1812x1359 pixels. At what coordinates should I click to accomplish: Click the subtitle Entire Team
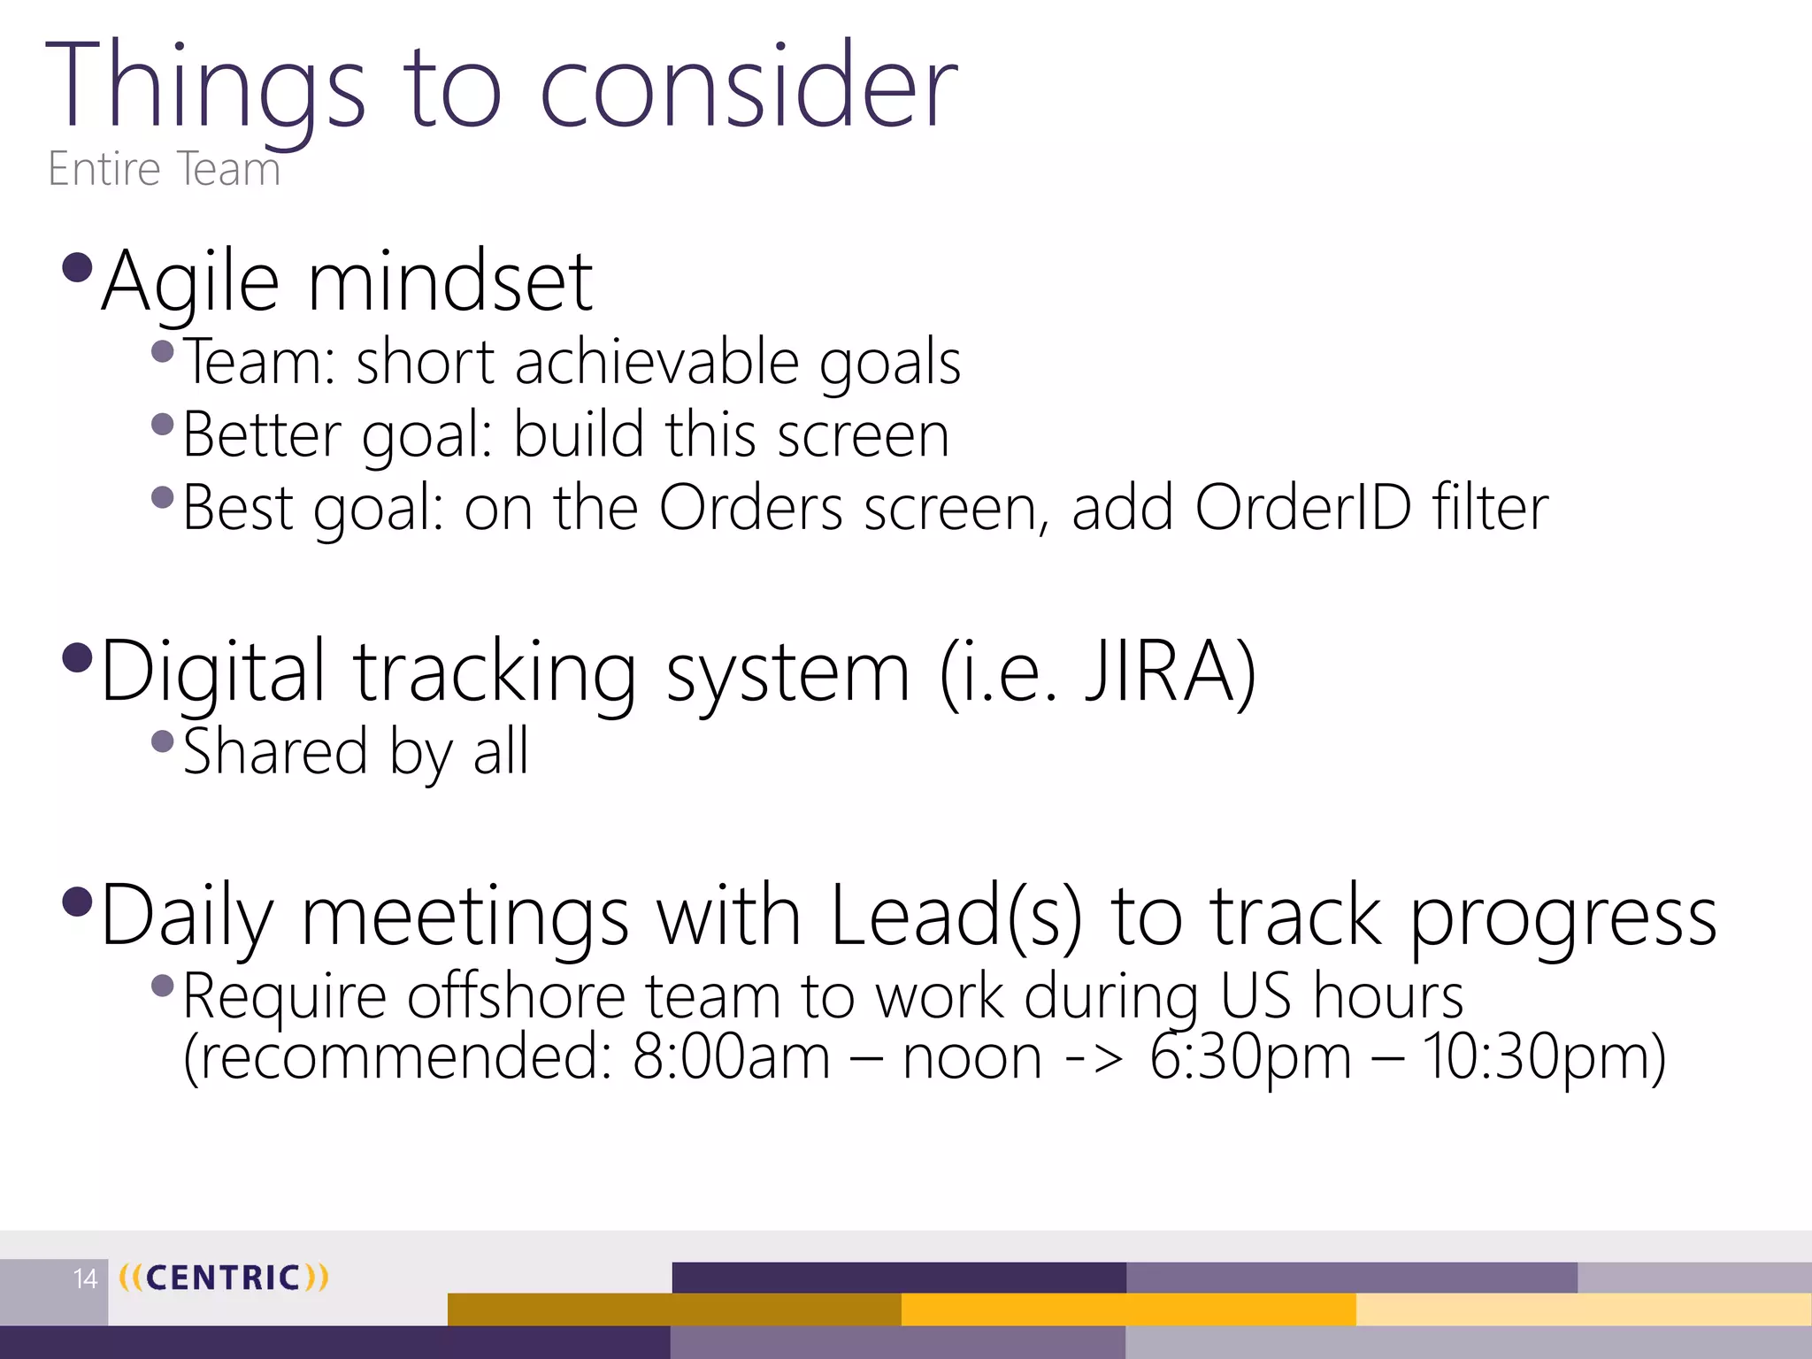coord(164,169)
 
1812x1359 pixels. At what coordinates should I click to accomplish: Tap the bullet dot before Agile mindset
coord(79,266)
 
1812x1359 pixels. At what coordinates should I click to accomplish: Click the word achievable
coord(656,362)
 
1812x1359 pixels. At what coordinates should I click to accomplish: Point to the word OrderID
coord(1302,508)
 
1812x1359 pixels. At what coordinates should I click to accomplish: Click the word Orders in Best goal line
coord(750,508)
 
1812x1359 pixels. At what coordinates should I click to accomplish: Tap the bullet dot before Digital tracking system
coord(79,657)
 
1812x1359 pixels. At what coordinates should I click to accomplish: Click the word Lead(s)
coord(956,917)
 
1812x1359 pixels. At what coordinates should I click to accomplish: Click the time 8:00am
coord(731,1057)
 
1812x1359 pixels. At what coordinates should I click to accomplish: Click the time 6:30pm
coord(1249,1057)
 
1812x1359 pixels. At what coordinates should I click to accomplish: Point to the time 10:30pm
coord(1543,1057)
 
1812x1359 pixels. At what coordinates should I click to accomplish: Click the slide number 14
coord(85,1278)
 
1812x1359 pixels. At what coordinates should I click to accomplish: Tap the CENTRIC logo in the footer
coord(223,1278)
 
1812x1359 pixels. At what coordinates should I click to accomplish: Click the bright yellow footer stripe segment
coord(1128,1309)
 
